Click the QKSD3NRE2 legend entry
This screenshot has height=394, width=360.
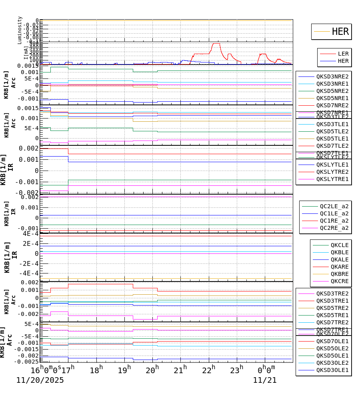pos(332,76)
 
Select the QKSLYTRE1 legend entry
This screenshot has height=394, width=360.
pos(332,179)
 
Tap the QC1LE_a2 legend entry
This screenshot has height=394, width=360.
pos(334,213)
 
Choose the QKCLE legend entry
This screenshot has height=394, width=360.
pos(339,245)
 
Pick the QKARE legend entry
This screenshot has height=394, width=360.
pos(339,267)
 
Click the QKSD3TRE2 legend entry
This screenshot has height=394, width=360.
pos(332,293)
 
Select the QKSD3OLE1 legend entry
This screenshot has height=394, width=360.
pos(332,370)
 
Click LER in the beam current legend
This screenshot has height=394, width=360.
pos(343,54)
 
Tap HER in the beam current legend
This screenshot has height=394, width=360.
pos(343,61)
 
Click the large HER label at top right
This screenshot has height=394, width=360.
pos(340,32)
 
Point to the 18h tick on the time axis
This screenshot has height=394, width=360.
pos(96,370)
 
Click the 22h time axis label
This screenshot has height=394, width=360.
pos(208,370)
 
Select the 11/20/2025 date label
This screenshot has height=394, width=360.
pos(40,380)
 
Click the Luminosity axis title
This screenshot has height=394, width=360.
pos(20,30)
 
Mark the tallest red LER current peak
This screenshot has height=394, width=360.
pos(216,43)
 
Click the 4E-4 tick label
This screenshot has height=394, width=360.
pos(30,234)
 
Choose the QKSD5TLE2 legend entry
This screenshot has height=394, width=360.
pos(332,131)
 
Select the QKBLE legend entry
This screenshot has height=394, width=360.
pos(339,252)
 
